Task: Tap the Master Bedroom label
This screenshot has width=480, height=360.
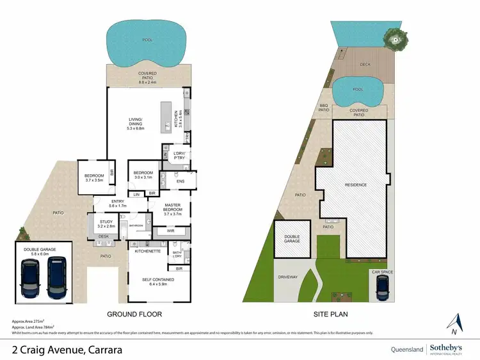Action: [x=168, y=209]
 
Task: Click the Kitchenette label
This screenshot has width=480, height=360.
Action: [x=147, y=252]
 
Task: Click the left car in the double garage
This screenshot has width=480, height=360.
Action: [x=30, y=277]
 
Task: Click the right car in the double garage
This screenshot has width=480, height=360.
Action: [x=58, y=277]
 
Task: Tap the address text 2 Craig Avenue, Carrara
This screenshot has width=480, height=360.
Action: [x=67, y=350]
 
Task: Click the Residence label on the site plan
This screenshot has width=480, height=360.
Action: [x=356, y=185]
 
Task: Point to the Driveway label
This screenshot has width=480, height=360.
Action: [x=289, y=278]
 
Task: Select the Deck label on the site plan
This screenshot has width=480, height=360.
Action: [x=365, y=64]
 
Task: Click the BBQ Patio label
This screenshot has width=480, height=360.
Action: [x=324, y=107]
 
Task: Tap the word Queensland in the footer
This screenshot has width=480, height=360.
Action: [x=406, y=349]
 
